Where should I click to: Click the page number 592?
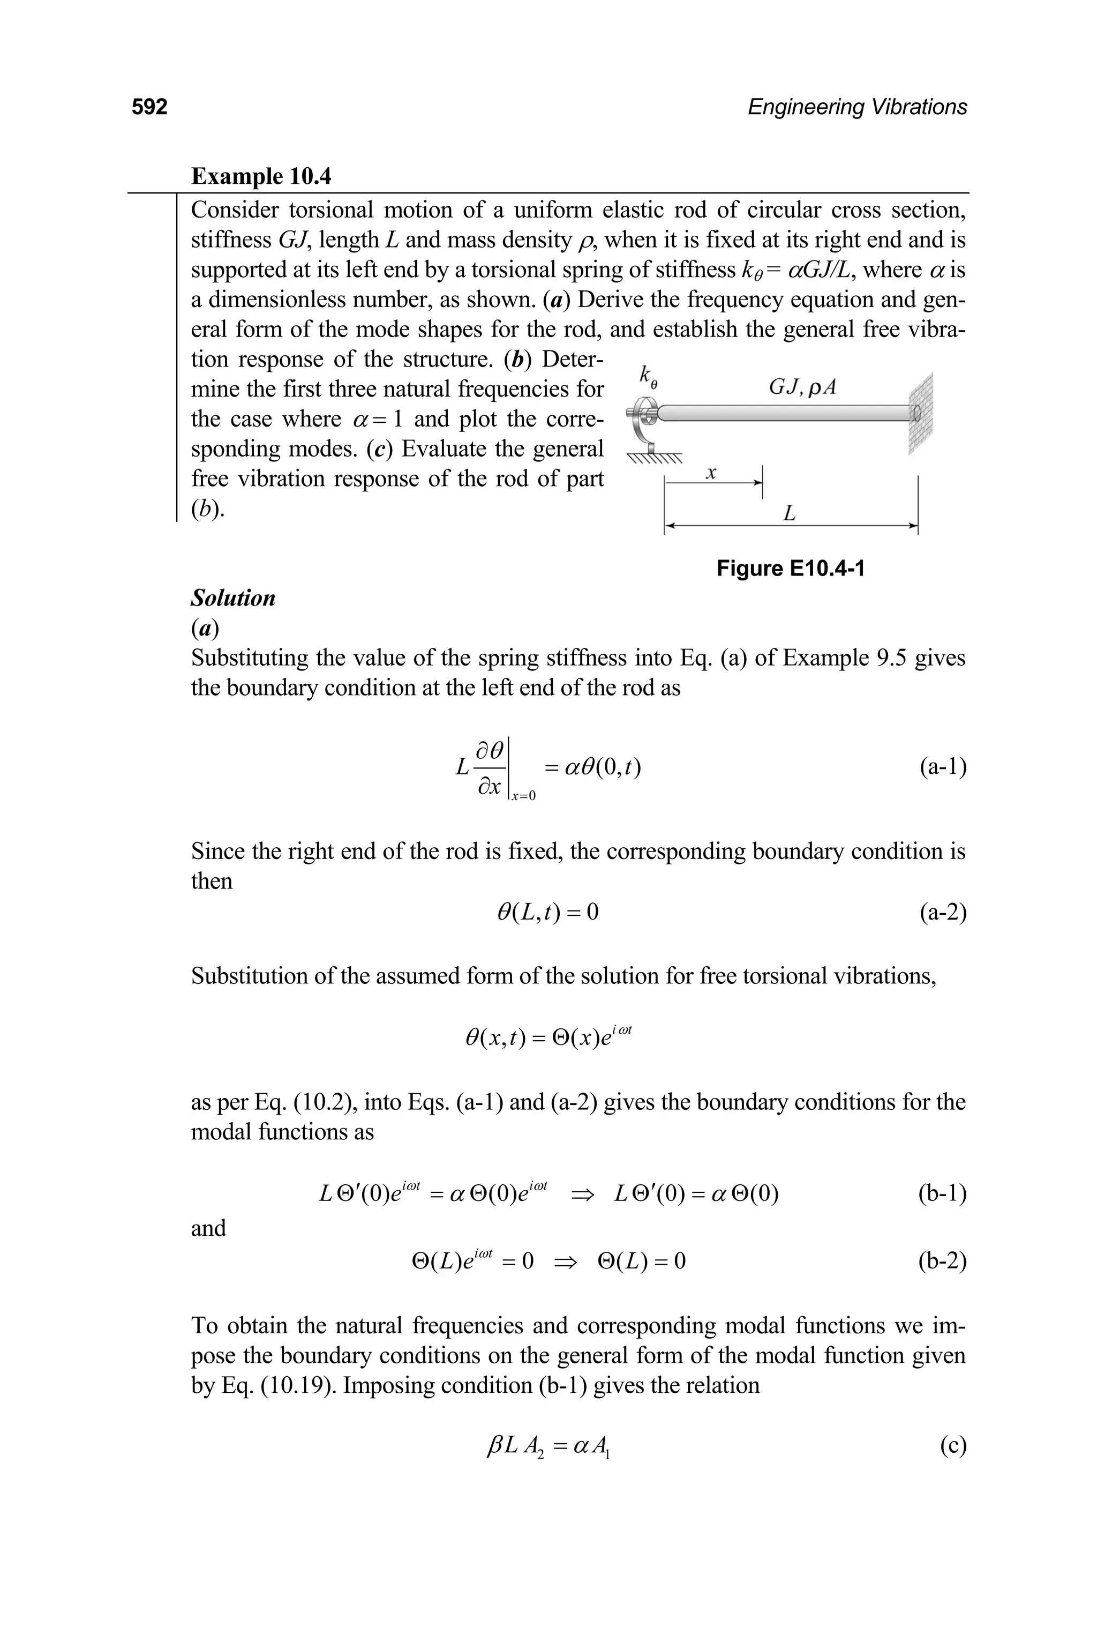[x=150, y=107]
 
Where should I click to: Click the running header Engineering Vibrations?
[x=857, y=107]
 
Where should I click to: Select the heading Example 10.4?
[x=261, y=176]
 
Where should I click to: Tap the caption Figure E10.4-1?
[x=791, y=569]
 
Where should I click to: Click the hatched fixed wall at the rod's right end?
[x=921, y=414]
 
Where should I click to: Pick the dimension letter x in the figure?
[x=711, y=474]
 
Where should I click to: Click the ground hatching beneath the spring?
[x=653, y=460]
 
